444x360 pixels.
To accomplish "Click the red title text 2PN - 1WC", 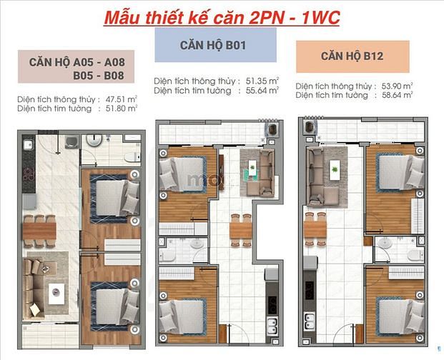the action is coord(295,18).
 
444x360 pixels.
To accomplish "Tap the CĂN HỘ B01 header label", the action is coord(213,45).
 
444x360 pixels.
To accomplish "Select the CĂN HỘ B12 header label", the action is coord(352,56).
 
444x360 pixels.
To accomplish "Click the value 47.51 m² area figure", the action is coord(122,99).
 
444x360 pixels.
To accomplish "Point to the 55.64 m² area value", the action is coord(262,91).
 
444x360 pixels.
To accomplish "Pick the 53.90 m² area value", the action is coord(397,86).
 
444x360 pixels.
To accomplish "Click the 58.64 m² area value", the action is coord(397,95).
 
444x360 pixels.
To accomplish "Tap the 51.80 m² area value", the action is coord(122,109).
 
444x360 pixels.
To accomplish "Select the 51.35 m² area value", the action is coord(262,81).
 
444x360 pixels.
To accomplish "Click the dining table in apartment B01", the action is coord(241,231).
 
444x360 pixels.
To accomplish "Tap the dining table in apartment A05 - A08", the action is coord(39,231).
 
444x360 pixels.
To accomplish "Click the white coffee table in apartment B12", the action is coord(335,169).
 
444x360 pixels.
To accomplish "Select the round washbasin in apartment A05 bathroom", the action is coord(94,140).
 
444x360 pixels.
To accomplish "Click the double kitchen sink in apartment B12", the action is coord(309,321).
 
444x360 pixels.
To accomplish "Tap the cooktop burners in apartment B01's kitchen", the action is coord(272,305).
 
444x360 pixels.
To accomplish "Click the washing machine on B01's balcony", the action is coord(272,130).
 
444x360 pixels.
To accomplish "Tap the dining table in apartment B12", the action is coord(315,229).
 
